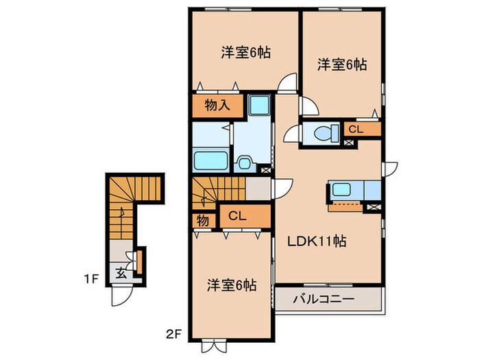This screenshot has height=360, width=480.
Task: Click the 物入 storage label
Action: pyautogui.click(x=216, y=106)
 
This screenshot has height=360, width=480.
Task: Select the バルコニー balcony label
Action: pyautogui.click(x=323, y=300)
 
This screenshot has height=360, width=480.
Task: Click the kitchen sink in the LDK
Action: pyautogui.click(x=340, y=189)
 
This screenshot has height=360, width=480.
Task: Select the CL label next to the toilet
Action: pyautogui.click(x=355, y=129)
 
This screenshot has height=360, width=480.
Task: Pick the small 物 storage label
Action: pyautogui.click(x=204, y=221)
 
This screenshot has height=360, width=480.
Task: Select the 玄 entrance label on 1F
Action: pyautogui.click(x=120, y=272)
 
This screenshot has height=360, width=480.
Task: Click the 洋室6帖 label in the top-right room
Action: pyautogui.click(x=341, y=64)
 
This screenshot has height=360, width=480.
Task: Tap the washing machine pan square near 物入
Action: pyautogui.click(x=260, y=106)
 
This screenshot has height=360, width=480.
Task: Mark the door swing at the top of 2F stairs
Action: pyautogui.click(x=281, y=189)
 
